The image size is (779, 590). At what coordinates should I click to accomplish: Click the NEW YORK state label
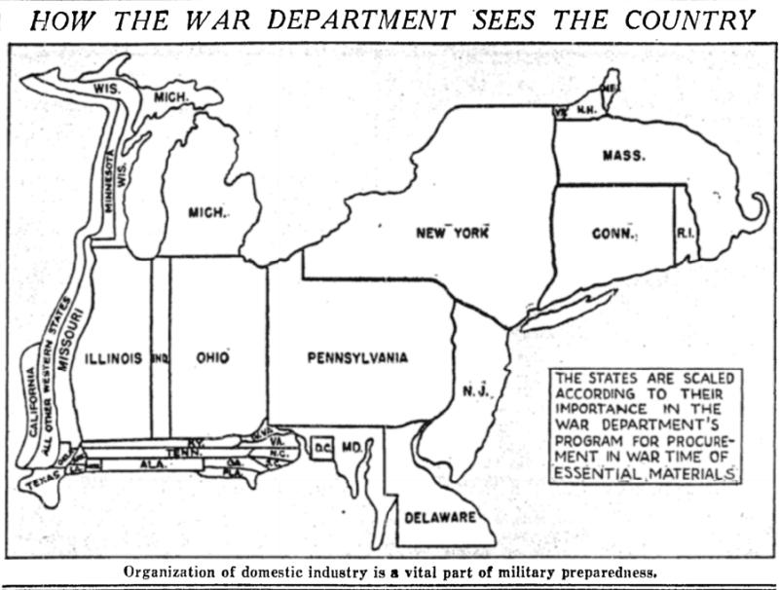click(450, 233)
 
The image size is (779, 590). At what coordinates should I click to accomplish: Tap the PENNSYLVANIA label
click(357, 357)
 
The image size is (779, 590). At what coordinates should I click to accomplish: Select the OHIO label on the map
click(212, 358)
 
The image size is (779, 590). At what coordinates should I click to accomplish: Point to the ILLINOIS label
click(113, 358)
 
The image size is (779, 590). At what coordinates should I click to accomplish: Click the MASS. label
click(623, 155)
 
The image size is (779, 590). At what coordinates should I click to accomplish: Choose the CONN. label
click(613, 235)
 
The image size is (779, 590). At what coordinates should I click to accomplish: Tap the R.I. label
click(685, 234)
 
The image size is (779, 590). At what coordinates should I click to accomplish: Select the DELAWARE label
click(439, 515)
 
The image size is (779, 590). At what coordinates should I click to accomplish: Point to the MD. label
click(352, 447)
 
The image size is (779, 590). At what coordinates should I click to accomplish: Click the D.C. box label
click(322, 447)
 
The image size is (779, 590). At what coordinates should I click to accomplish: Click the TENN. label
click(178, 452)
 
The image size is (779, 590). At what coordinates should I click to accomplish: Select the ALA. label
click(153, 465)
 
